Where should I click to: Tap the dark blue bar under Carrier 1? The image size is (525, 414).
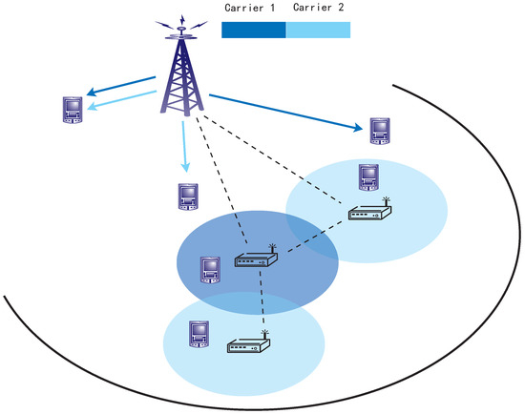point(253,30)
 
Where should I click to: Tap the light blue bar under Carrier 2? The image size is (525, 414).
point(319,30)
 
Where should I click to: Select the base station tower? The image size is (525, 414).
point(181,76)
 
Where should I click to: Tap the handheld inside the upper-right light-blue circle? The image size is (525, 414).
point(368,177)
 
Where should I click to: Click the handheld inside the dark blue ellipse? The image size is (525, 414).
point(210,270)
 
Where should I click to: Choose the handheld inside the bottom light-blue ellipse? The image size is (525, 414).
point(199,333)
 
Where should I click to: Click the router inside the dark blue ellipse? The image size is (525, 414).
point(254,259)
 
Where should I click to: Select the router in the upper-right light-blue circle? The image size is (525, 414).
point(368,214)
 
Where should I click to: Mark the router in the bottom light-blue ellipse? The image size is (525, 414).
point(247,345)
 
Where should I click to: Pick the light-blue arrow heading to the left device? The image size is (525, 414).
point(124,99)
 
